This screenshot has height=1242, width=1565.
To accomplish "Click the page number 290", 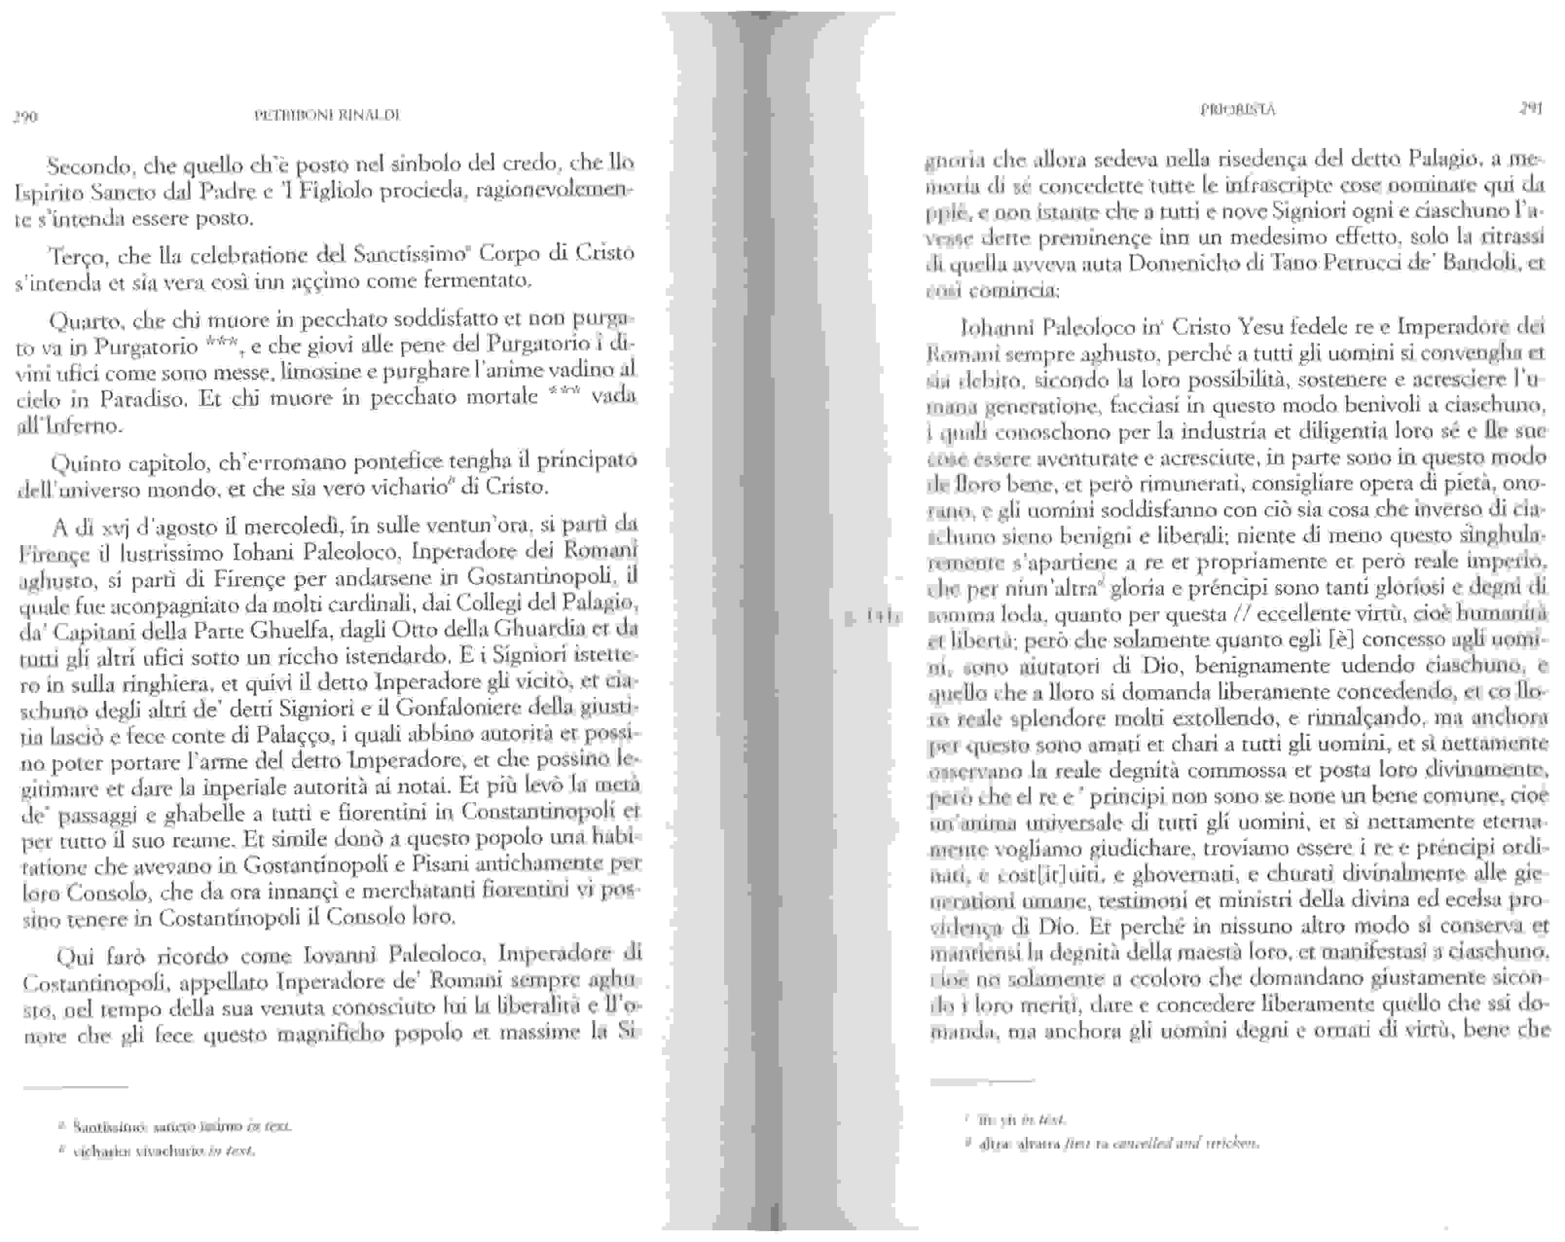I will [26, 117].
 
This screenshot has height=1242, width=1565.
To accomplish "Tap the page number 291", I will [1531, 109].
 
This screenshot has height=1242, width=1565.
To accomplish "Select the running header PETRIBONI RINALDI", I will [328, 115].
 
